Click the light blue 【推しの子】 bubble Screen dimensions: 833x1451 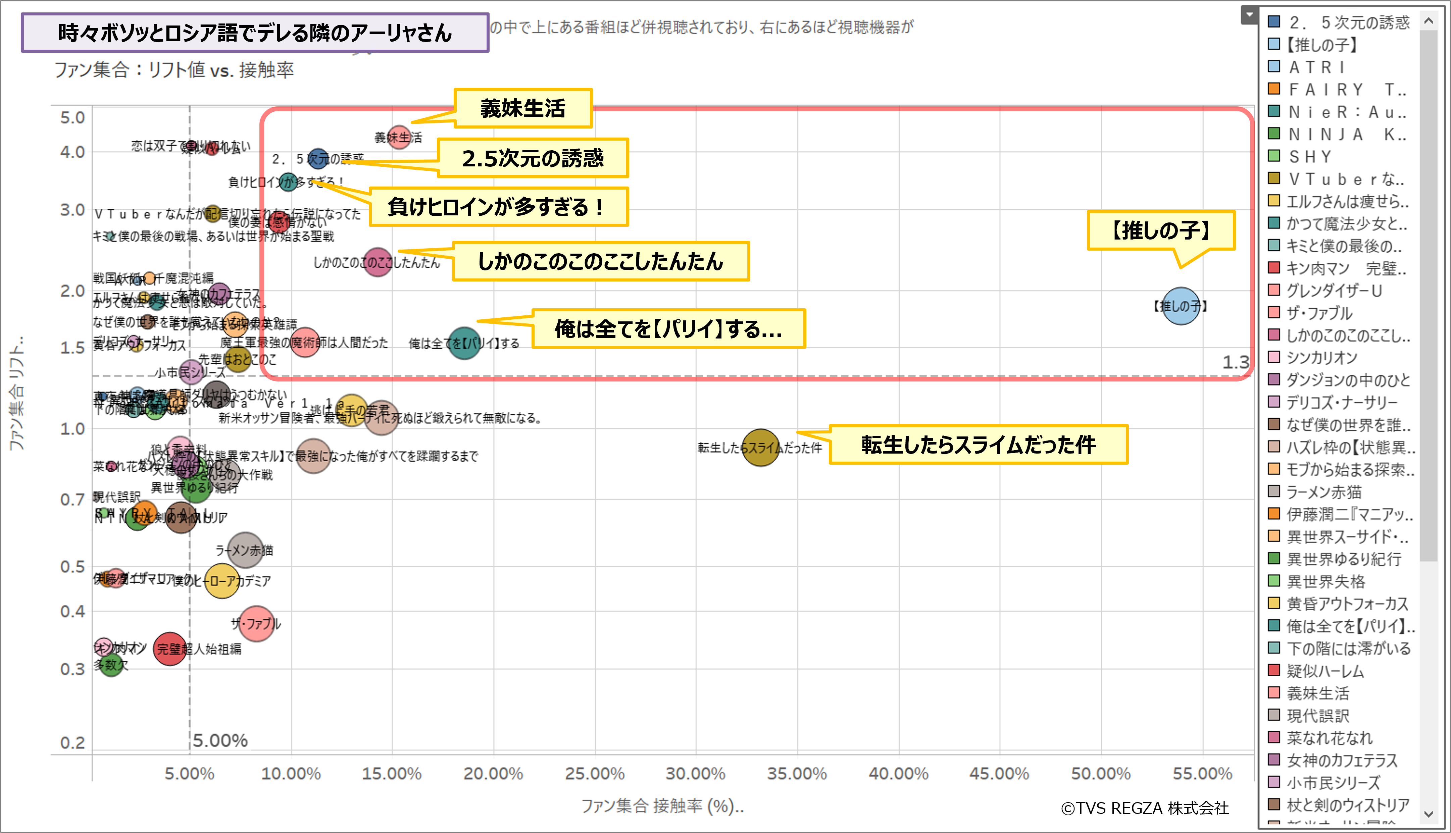tap(1181, 306)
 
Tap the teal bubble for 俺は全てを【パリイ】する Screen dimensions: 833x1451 tap(464, 343)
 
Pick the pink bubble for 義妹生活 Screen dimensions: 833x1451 tap(399, 137)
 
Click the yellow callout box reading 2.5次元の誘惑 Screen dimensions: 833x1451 tap(533, 158)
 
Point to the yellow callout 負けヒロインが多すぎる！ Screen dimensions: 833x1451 tap(498, 207)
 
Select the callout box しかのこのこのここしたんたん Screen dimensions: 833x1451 tap(600, 261)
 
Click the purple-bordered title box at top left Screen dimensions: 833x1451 tap(255, 33)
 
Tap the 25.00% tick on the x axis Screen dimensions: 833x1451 tap(595, 774)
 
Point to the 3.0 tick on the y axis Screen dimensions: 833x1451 tap(73, 210)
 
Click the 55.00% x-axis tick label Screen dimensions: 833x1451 tap(1202, 774)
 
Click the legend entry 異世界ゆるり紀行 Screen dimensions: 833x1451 tap(1343, 559)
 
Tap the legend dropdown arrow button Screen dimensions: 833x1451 tap(1249, 15)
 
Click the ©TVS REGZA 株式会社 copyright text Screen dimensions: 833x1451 tap(1144, 808)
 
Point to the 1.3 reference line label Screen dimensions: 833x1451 tap(1236, 362)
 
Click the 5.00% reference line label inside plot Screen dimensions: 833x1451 tap(220, 740)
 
